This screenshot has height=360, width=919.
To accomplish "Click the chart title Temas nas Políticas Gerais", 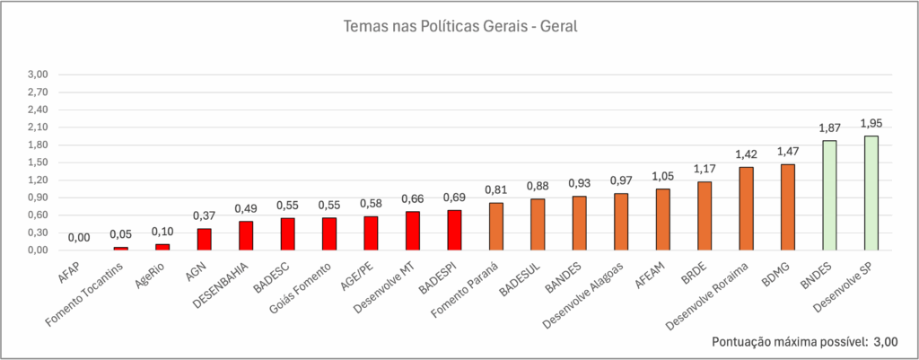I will pyautogui.click(x=459, y=26).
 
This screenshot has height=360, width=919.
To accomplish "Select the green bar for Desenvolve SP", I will pyautogui.click(x=871, y=193).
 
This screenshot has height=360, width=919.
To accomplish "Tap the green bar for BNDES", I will pyautogui.click(x=829, y=195).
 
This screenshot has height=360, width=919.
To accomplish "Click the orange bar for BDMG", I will pyautogui.click(x=787, y=206).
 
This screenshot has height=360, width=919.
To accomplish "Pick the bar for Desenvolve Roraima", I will pyautogui.click(x=746, y=208).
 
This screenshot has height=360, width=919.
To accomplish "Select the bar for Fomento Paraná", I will pyautogui.click(x=496, y=226).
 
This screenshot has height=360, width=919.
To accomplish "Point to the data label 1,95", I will pyautogui.click(x=871, y=123).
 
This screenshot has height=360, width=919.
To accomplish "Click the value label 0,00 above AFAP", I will pyautogui.click(x=79, y=238).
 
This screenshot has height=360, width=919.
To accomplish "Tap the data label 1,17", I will pyautogui.click(x=705, y=169).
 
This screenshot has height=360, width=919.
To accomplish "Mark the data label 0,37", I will pyautogui.click(x=204, y=215).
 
